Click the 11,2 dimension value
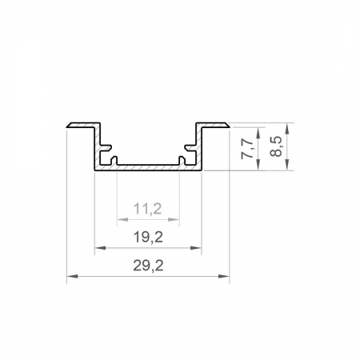[147, 210]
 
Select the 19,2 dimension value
[147, 237]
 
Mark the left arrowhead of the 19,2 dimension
[99, 248]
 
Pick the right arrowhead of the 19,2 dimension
[196, 248]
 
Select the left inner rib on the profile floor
[117, 160]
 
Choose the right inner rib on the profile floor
[178, 160]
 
